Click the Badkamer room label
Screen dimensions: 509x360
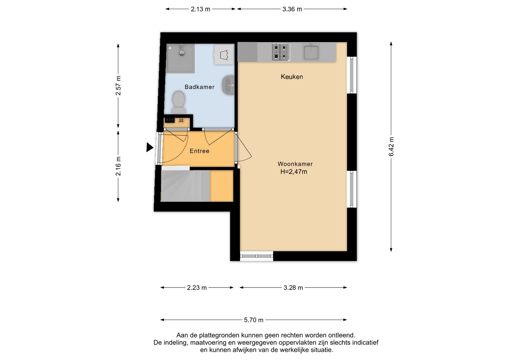(x=199, y=87)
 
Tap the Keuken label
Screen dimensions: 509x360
(x=292, y=77)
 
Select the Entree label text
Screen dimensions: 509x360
(x=199, y=151)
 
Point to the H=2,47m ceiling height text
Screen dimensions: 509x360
(x=294, y=172)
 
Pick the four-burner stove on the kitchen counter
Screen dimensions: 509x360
(x=280, y=52)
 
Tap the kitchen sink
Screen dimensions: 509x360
(x=311, y=52)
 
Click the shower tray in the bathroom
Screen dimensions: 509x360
(x=180, y=58)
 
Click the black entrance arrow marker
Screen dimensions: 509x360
(x=150, y=147)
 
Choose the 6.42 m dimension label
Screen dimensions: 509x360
(x=391, y=147)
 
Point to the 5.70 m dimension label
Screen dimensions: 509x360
(x=254, y=320)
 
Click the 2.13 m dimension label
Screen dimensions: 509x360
(x=200, y=9)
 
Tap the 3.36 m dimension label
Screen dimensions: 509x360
(x=292, y=9)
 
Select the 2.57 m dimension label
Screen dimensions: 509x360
(x=118, y=86)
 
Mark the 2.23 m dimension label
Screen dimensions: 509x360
(x=197, y=288)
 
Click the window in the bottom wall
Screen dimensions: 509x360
(x=257, y=256)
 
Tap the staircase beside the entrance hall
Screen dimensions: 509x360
(x=186, y=186)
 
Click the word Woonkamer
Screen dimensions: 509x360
(x=295, y=164)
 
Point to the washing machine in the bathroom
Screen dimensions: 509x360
(x=224, y=55)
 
